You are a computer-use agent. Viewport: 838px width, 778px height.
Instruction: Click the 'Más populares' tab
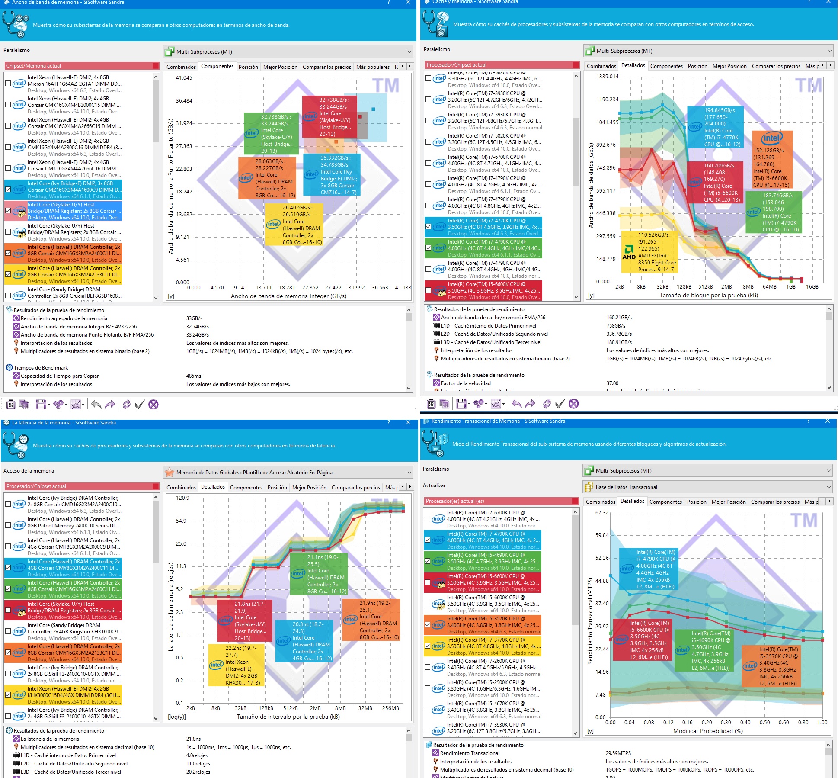[x=372, y=67]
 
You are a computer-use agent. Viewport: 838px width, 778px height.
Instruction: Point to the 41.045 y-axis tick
[x=184, y=78]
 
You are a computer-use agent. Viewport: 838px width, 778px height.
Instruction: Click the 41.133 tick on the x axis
[x=403, y=287]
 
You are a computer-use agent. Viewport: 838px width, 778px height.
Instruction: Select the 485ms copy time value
[x=194, y=376]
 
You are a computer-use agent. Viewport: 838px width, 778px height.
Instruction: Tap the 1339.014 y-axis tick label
[x=607, y=77]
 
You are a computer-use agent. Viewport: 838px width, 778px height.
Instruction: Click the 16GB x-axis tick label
[x=812, y=286]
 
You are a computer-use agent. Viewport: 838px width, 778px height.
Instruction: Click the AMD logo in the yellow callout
[x=629, y=252]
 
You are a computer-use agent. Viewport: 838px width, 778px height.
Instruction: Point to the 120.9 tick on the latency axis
[x=182, y=498]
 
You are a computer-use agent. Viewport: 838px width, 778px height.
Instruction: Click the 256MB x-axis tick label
[x=390, y=708]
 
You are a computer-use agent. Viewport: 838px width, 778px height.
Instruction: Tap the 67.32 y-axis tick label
[x=601, y=512]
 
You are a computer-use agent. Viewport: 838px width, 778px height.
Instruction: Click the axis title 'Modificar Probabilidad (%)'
[x=707, y=731]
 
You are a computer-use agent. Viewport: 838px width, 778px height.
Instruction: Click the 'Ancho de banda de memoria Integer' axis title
[x=288, y=296]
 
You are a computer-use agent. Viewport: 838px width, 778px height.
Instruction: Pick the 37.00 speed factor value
[x=612, y=383]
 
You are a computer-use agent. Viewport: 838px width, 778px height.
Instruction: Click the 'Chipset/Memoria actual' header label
[x=33, y=66]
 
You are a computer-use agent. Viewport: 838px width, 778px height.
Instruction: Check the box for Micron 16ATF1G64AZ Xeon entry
[x=8, y=84]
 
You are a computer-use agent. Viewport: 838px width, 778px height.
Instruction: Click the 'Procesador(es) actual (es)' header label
[x=454, y=501]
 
